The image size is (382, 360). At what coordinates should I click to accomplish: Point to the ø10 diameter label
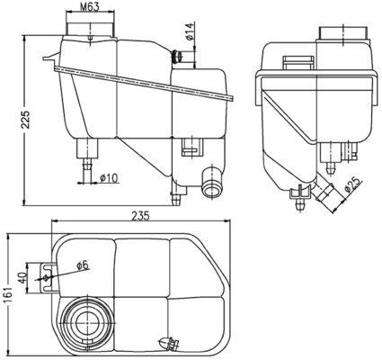point(111,177)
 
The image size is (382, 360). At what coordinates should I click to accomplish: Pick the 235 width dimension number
point(140,215)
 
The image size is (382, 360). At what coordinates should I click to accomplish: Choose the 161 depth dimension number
point(8,293)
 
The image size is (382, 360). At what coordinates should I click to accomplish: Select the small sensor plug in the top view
point(167,342)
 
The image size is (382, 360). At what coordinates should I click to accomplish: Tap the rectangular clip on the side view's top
point(294,61)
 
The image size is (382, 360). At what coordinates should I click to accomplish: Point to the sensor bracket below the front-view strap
point(190,143)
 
